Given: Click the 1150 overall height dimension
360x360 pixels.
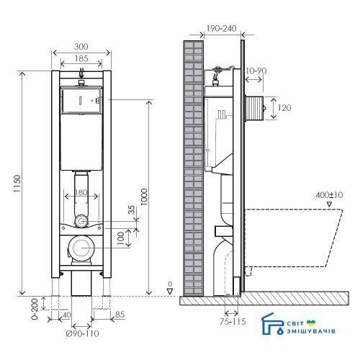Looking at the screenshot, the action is tap(17, 184).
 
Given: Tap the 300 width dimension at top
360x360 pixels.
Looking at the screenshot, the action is tap(81, 47).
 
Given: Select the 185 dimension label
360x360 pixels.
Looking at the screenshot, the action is tap(81, 58).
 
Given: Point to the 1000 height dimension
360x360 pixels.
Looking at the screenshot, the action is tap(144, 197).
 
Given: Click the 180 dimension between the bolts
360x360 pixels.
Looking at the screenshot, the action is tap(81, 192).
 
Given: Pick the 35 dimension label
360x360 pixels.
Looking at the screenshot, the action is tap(132, 210).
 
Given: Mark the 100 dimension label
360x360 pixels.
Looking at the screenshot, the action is tap(120, 238).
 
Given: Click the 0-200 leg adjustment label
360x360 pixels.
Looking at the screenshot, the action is tap(35, 309).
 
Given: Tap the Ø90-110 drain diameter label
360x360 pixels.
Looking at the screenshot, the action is tap(82, 333).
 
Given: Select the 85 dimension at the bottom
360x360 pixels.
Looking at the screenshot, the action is tap(120, 315).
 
